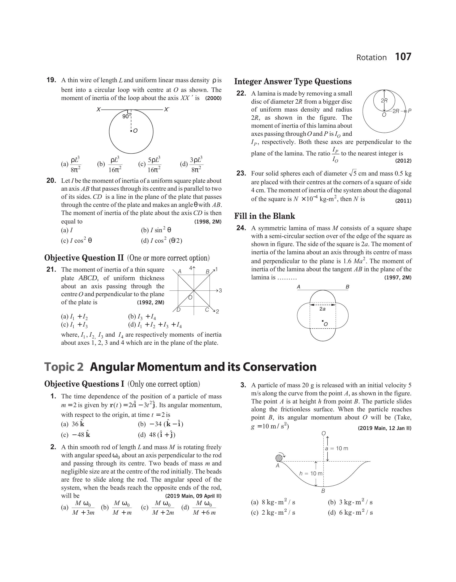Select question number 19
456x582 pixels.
(x=51, y=80)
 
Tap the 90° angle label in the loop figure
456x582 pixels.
(x=126, y=117)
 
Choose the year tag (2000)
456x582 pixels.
(x=213, y=98)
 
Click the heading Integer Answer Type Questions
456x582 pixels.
(x=293, y=82)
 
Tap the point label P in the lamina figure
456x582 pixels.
(x=410, y=111)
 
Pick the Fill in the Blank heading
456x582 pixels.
(x=264, y=216)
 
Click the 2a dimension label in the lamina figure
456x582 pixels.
(x=322, y=309)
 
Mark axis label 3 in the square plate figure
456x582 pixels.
(x=220, y=291)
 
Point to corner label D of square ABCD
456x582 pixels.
(x=179, y=310)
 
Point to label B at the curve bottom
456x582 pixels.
(x=323, y=491)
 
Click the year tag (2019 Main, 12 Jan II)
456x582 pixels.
(x=384, y=428)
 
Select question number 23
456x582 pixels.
(x=241, y=173)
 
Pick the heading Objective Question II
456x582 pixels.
(x=84, y=258)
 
